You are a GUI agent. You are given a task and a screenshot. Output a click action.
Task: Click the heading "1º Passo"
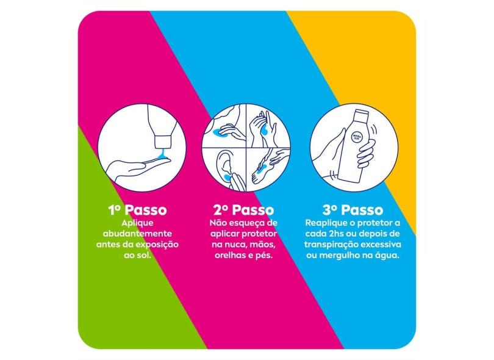(x=138, y=210)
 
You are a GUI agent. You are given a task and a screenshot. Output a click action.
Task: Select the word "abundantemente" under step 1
(x=138, y=234)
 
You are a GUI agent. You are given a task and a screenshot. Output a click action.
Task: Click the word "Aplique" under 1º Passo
(x=138, y=223)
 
